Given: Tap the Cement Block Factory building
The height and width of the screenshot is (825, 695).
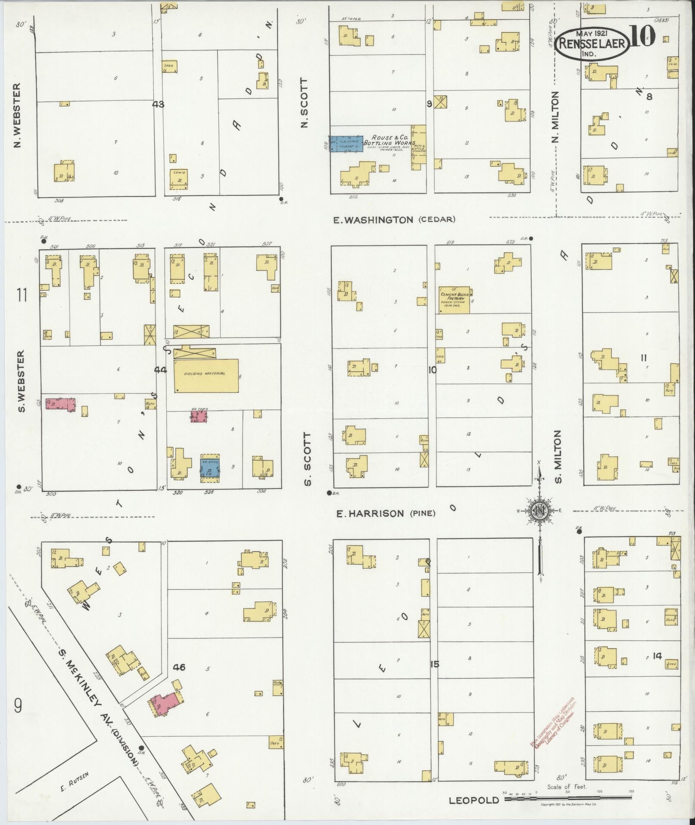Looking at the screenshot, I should (455, 300).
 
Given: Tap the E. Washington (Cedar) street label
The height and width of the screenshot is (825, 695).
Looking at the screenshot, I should (394, 220).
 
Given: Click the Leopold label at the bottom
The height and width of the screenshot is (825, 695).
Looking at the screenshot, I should (474, 800).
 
